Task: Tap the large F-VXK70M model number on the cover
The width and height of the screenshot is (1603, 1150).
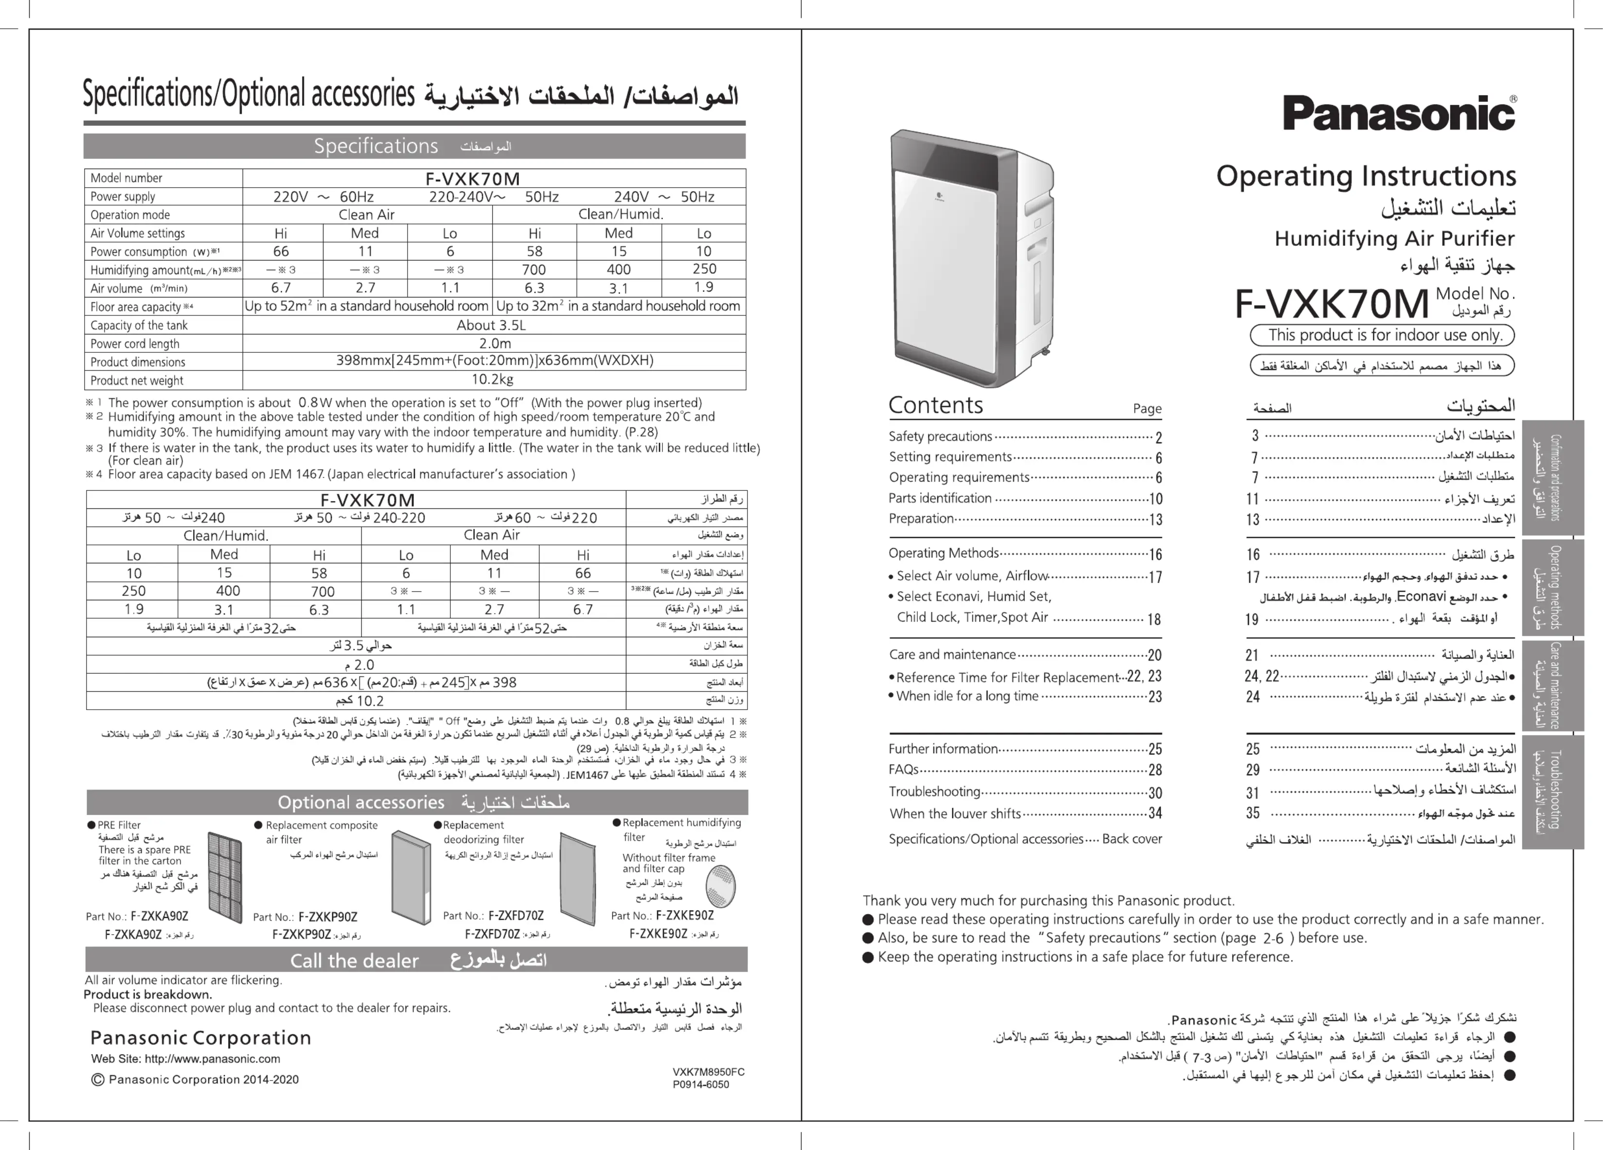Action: pyautogui.click(x=1332, y=304)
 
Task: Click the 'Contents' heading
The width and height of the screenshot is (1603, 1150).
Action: pyautogui.click(x=935, y=405)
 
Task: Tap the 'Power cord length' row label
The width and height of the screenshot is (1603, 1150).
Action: pyautogui.click(x=135, y=343)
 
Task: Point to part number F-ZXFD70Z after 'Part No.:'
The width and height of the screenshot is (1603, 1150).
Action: pyautogui.click(x=516, y=915)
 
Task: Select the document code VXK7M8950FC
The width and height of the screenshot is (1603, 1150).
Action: pyautogui.click(x=708, y=1072)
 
